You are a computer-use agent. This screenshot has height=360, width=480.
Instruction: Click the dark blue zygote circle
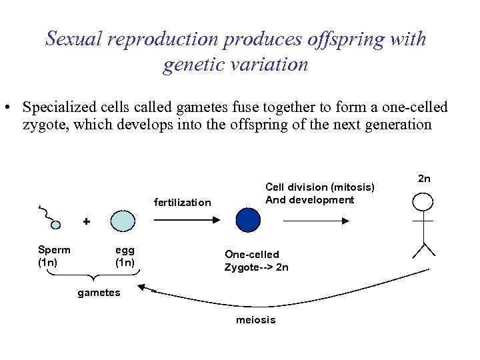coord(248,220)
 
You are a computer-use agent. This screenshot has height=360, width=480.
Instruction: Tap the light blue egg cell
coord(123,221)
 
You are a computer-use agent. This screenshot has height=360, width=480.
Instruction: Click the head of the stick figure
coord(423,201)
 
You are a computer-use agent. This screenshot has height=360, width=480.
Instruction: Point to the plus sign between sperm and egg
coord(86,220)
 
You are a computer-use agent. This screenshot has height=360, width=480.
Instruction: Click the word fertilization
coord(182,203)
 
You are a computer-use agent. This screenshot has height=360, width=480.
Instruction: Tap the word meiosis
coord(255,320)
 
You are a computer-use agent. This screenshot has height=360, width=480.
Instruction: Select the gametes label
coord(99,293)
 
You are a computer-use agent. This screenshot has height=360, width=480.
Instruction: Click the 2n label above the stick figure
coord(424,179)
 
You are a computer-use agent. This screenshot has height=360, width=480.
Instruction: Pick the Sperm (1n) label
coord(54,256)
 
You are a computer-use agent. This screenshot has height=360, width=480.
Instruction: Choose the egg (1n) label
coord(125,256)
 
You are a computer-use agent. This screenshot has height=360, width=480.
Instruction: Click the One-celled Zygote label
coord(257,261)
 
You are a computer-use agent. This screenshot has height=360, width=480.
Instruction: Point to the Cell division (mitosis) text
coord(320,187)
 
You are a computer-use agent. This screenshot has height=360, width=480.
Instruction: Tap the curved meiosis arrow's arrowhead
coord(142,287)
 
